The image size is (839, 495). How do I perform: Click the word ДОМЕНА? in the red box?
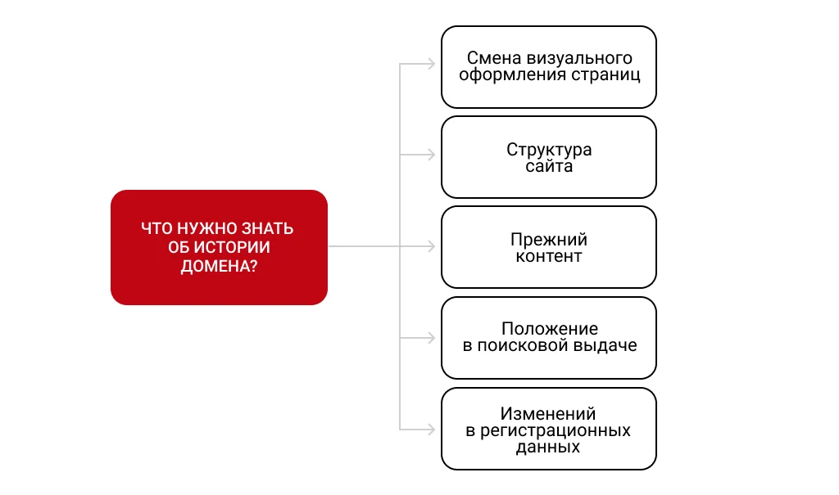pos(219,266)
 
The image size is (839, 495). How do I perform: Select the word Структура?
pos(549,150)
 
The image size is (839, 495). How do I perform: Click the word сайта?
pos(549,166)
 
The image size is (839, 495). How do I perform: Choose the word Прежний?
pos(549,240)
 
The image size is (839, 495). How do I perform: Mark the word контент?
pos(549,256)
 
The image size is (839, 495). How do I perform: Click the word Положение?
pos(549,329)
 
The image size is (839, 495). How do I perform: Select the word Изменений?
pos(549,413)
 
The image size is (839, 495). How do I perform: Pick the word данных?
pos(549,447)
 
